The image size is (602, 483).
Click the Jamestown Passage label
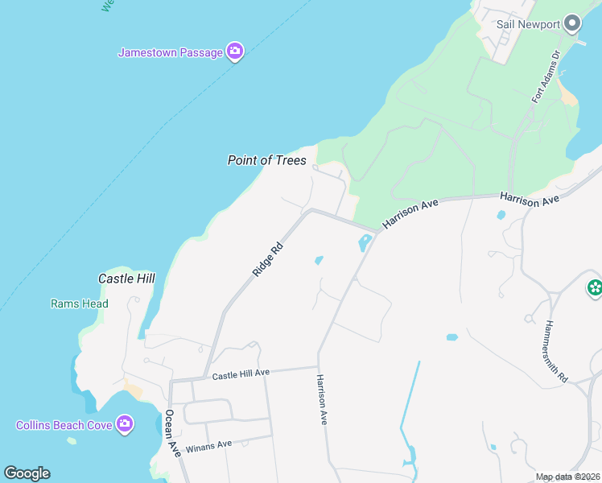[x=170, y=52]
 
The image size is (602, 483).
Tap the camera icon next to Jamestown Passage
[x=235, y=52]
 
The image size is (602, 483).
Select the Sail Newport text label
[x=528, y=24]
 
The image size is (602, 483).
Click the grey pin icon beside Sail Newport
[x=573, y=23]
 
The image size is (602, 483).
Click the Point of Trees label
[x=266, y=161]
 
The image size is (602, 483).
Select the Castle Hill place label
[x=126, y=279]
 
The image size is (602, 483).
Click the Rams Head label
[x=79, y=304]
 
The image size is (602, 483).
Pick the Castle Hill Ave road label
[x=241, y=374]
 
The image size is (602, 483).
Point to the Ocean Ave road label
[x=171, y=434]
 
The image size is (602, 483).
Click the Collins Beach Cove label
[x=64, y=424]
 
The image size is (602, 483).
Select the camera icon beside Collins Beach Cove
[x=125, y=423]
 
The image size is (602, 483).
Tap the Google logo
[x=27, y=473]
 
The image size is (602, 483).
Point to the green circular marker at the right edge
[x=595, y=287]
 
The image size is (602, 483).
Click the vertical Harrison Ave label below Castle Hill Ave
[x=322, y=400]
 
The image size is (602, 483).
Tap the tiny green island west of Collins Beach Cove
[x=72, y=440]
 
